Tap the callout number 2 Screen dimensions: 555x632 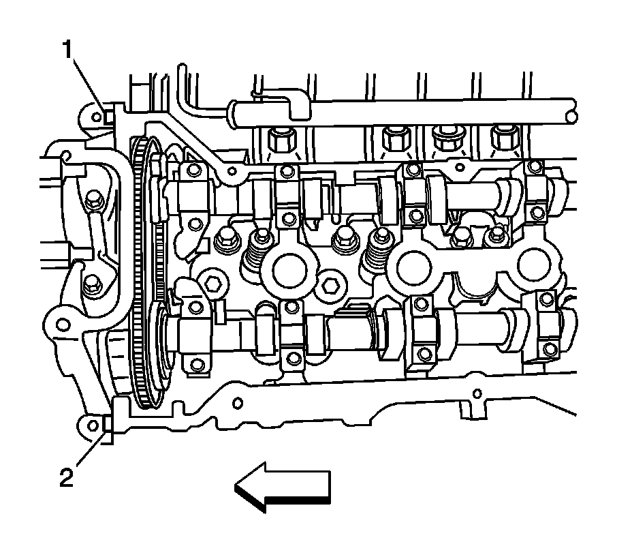(65, 478)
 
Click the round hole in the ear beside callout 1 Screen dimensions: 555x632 (96, 115)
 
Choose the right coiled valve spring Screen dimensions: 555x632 (377, 256)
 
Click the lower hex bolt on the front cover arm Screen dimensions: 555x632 (91, 287)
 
